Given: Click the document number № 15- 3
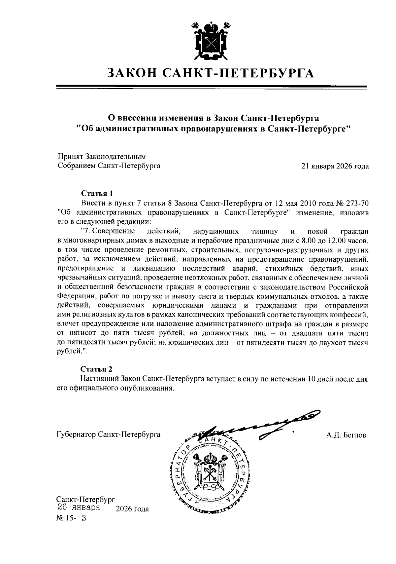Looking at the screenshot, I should pyautogui.click(x=71, y=518).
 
